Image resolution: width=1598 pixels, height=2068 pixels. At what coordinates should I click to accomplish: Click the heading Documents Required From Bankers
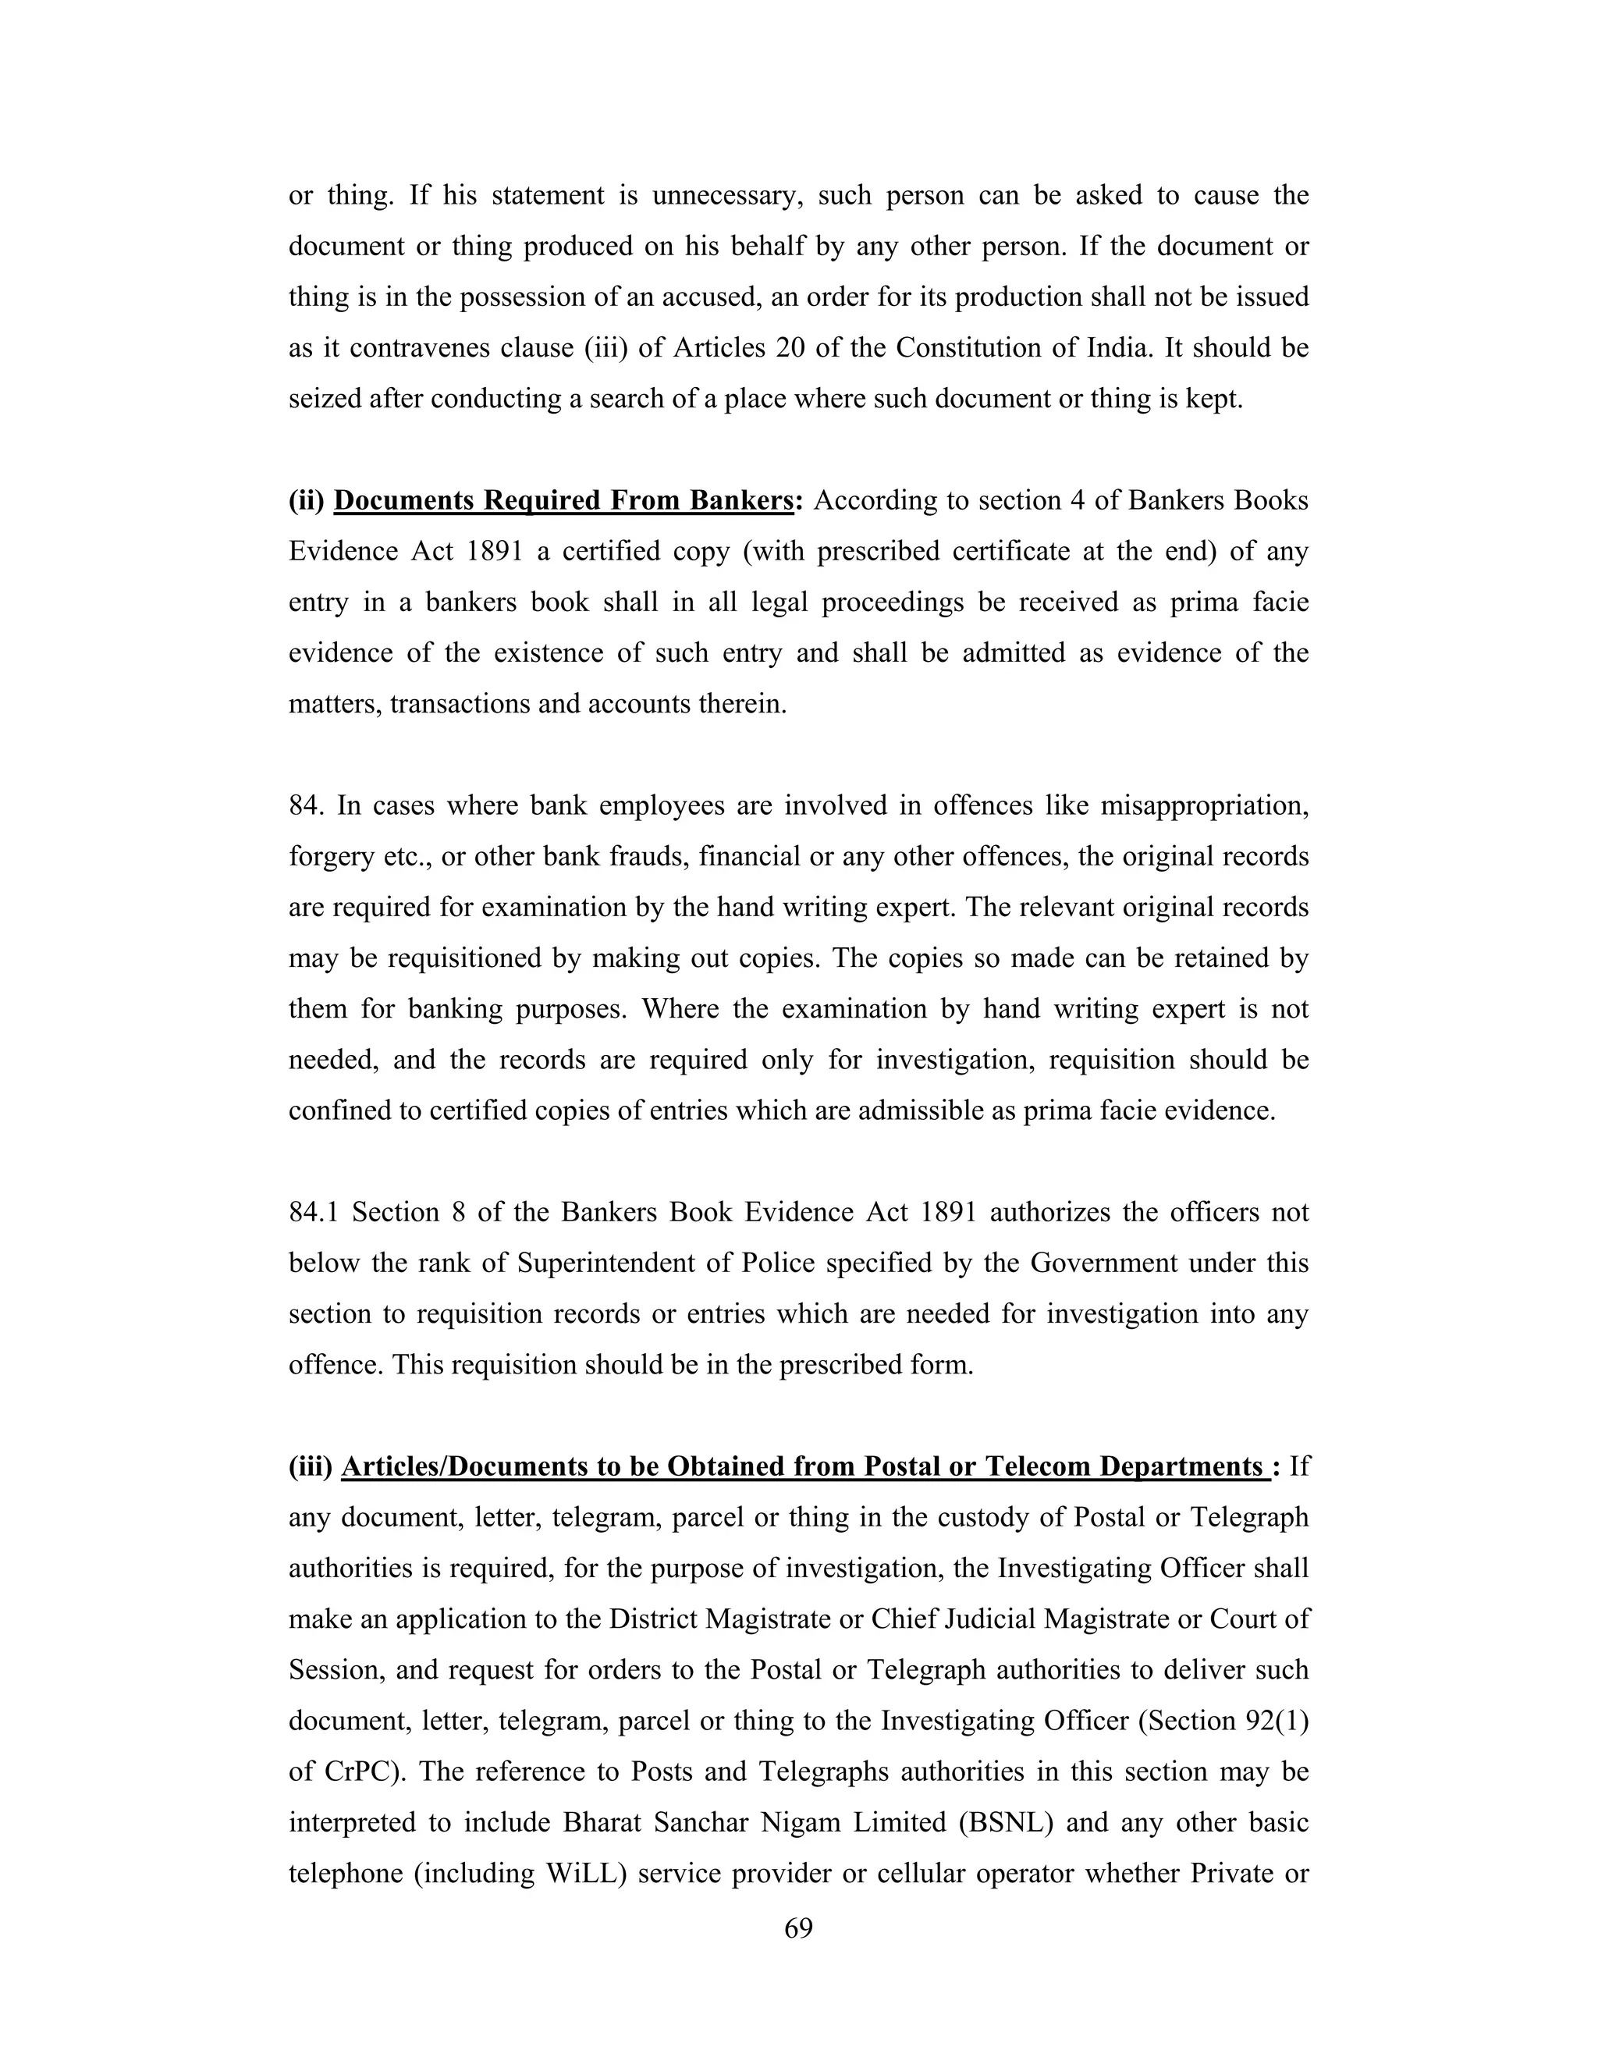tap(563, 501)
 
